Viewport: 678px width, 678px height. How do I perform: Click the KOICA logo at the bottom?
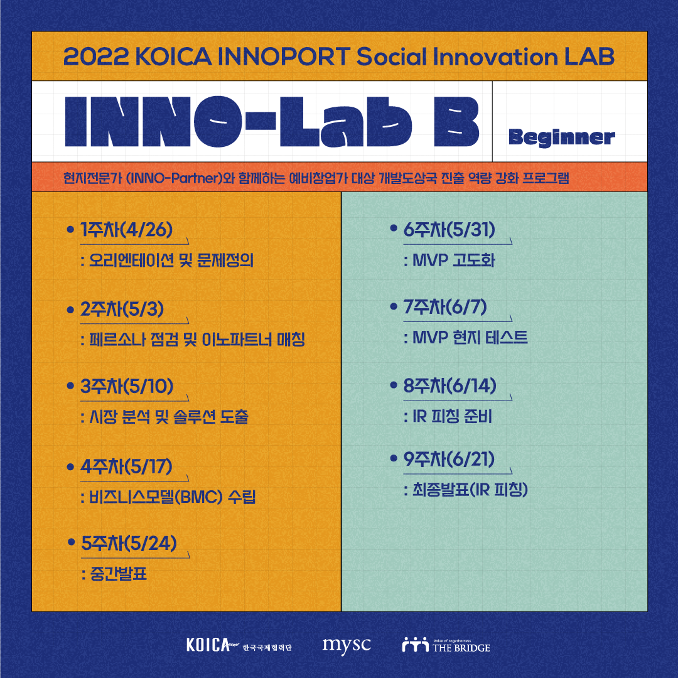239,645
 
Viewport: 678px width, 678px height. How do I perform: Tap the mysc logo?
347,646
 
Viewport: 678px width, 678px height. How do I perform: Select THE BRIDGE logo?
446,645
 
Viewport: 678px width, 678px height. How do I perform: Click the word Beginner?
562,138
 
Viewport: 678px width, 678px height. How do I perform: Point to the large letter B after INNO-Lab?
456,122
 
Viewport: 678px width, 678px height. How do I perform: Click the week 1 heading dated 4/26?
126,230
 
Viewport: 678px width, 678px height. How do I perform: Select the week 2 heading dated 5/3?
122,309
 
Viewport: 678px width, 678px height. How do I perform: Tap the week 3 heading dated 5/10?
127,386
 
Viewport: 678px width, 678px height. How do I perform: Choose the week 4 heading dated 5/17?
126,466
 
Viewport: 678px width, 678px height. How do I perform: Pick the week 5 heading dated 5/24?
129,544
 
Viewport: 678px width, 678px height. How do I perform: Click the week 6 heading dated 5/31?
449,230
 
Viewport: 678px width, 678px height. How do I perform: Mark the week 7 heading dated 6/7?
445,307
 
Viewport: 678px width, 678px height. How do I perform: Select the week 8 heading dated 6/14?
449,385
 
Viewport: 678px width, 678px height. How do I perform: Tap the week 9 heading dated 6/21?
449,459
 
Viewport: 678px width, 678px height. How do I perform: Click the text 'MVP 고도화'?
454,261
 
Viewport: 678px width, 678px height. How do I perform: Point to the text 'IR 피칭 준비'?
452,416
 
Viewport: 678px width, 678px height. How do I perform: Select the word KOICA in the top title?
174,56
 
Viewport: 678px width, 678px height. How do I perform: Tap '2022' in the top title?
97,56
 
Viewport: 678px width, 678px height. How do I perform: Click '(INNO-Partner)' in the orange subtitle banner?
174,178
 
